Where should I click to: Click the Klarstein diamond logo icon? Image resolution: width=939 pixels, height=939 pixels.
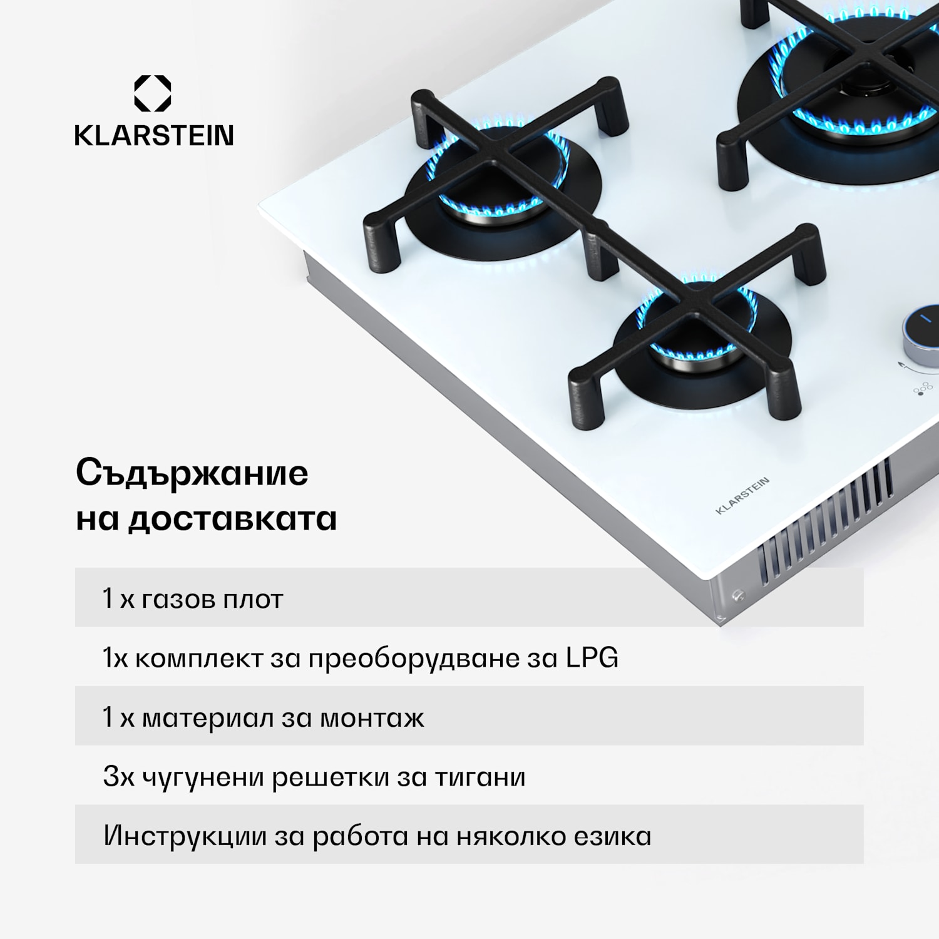coord(153,93)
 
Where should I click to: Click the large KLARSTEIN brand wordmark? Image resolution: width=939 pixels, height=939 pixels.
coord(154,135)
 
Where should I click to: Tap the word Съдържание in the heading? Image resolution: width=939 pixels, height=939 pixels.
coord(192,473)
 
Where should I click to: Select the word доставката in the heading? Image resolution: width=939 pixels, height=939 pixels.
coord(232,519)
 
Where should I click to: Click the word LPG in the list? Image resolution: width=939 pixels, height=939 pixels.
coord(592,657)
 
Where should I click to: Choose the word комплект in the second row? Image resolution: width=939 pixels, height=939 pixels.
coord(199,659)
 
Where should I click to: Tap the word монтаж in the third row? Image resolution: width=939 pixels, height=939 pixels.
coord(372,718)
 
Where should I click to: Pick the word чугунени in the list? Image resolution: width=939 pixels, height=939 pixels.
coord(203,777)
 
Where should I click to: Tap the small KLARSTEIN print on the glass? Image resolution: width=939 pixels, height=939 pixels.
coord(742,496)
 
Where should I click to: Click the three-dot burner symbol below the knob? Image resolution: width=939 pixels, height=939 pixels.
coord(922,390)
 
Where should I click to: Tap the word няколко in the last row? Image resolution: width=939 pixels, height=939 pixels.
coord(511,836)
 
